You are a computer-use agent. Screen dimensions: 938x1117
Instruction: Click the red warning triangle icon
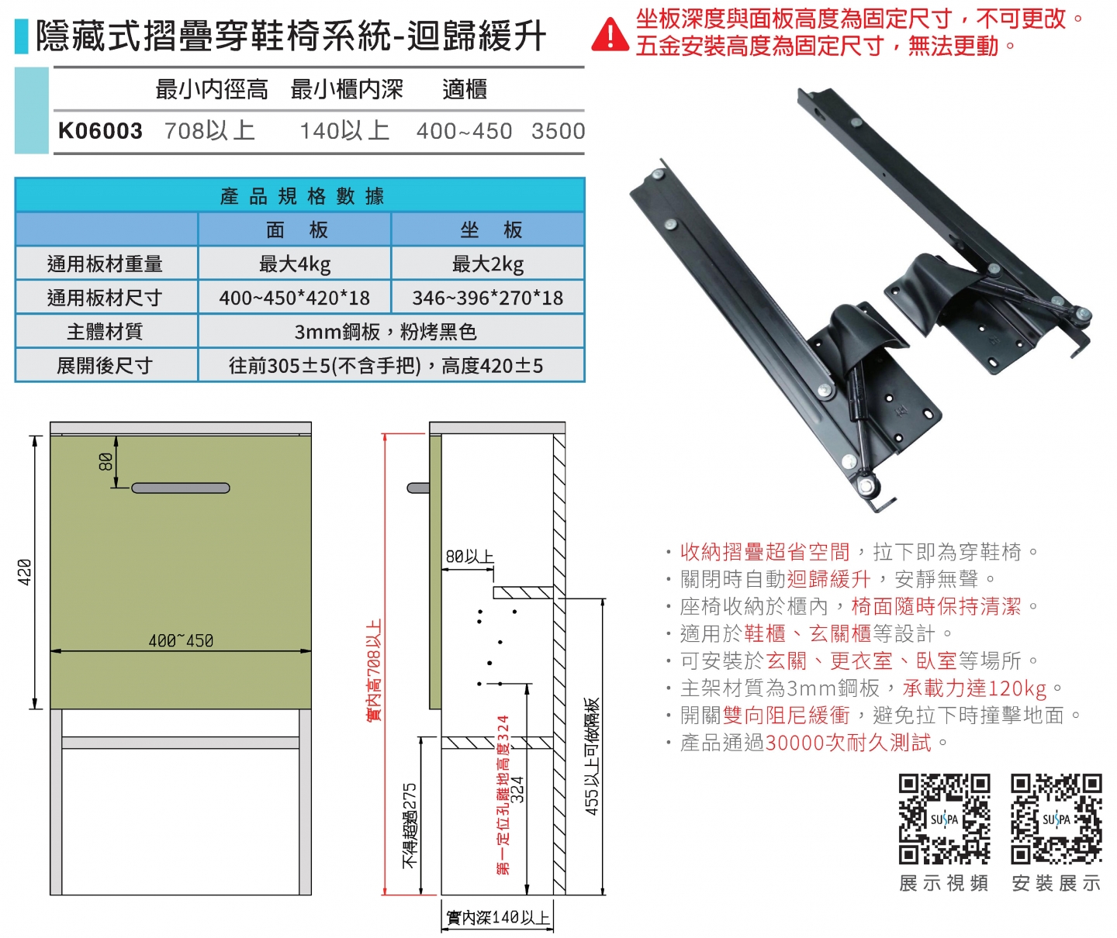coord(610,35)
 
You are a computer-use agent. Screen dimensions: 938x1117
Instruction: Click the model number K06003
coord(100,131)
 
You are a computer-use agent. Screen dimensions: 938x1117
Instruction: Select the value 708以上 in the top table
coord(209,131)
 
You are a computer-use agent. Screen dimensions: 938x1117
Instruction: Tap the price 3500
coord(558,131)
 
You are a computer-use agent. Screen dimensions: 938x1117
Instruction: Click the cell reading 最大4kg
coord(295,264)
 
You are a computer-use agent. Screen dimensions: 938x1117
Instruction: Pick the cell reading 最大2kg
coord(488,264)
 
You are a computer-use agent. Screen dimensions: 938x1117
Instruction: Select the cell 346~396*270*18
coord(488,298)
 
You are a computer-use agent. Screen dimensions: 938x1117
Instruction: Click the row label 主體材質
coord(105,332)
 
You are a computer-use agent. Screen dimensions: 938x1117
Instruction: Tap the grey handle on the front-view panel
coord(181,488)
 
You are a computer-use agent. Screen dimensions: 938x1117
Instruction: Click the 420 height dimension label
coord(25,572)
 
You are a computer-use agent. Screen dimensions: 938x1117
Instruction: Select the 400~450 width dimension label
coord(181,641)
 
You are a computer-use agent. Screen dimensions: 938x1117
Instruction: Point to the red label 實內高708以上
coord(374,670)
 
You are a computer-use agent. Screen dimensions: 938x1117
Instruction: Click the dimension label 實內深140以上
coord(498,918)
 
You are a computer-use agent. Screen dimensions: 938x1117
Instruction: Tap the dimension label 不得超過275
coord(410,825)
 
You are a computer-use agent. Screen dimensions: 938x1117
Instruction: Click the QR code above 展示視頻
coord(944,819)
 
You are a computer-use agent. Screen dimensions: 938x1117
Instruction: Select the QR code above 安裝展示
coord(1056,819)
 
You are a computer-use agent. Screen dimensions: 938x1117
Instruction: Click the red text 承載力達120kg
coord(974,688)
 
